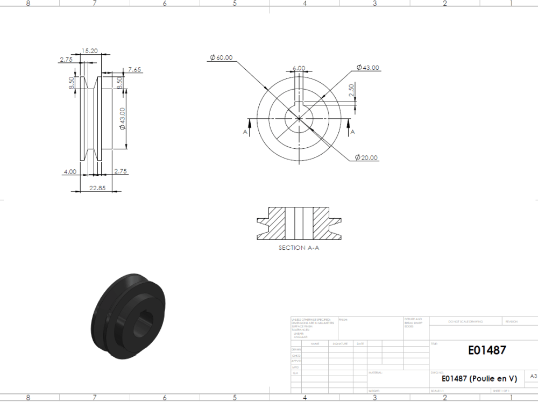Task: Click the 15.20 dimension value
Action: pos(89,51)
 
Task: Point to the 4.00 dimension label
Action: pos(70,171)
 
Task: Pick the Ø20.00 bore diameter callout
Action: pos(366,158)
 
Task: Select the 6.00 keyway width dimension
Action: pos(299,68)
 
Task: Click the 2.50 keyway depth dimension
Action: pos(352,90)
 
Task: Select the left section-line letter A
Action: pos(245,132)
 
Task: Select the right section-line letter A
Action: pos(353,132)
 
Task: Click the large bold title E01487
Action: pos(487,350)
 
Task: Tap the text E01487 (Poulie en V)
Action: pos(479,378)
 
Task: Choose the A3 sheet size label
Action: pos(533,377)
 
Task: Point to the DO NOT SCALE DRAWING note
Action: pos(465,322)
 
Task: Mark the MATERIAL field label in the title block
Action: pos(376,372)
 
